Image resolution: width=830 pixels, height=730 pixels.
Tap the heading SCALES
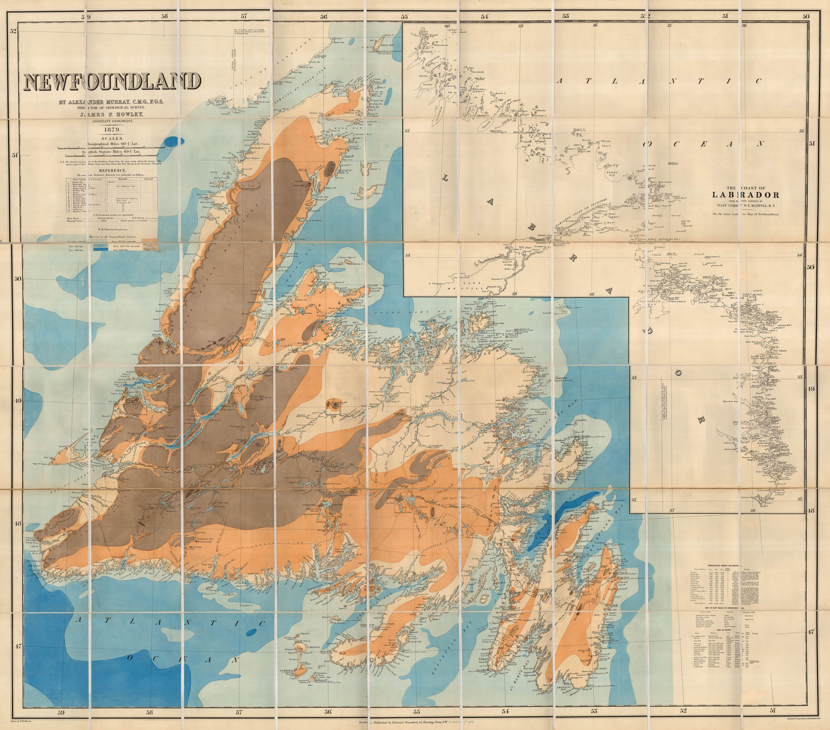pyautogui.click(x=112, y=138)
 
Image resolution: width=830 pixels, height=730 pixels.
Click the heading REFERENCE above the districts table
pyautogui.click(x=110, y=170)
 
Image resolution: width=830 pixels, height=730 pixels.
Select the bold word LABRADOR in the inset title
pyautogui.click(x=745, y=195)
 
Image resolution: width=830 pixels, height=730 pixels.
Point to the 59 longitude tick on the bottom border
pyautogui.click(x=61, y=712)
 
